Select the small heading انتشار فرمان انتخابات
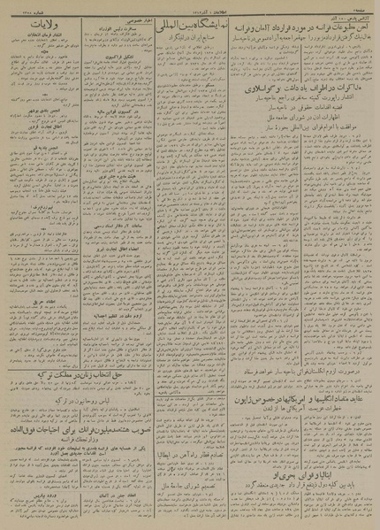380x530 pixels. tap(40, 44)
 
